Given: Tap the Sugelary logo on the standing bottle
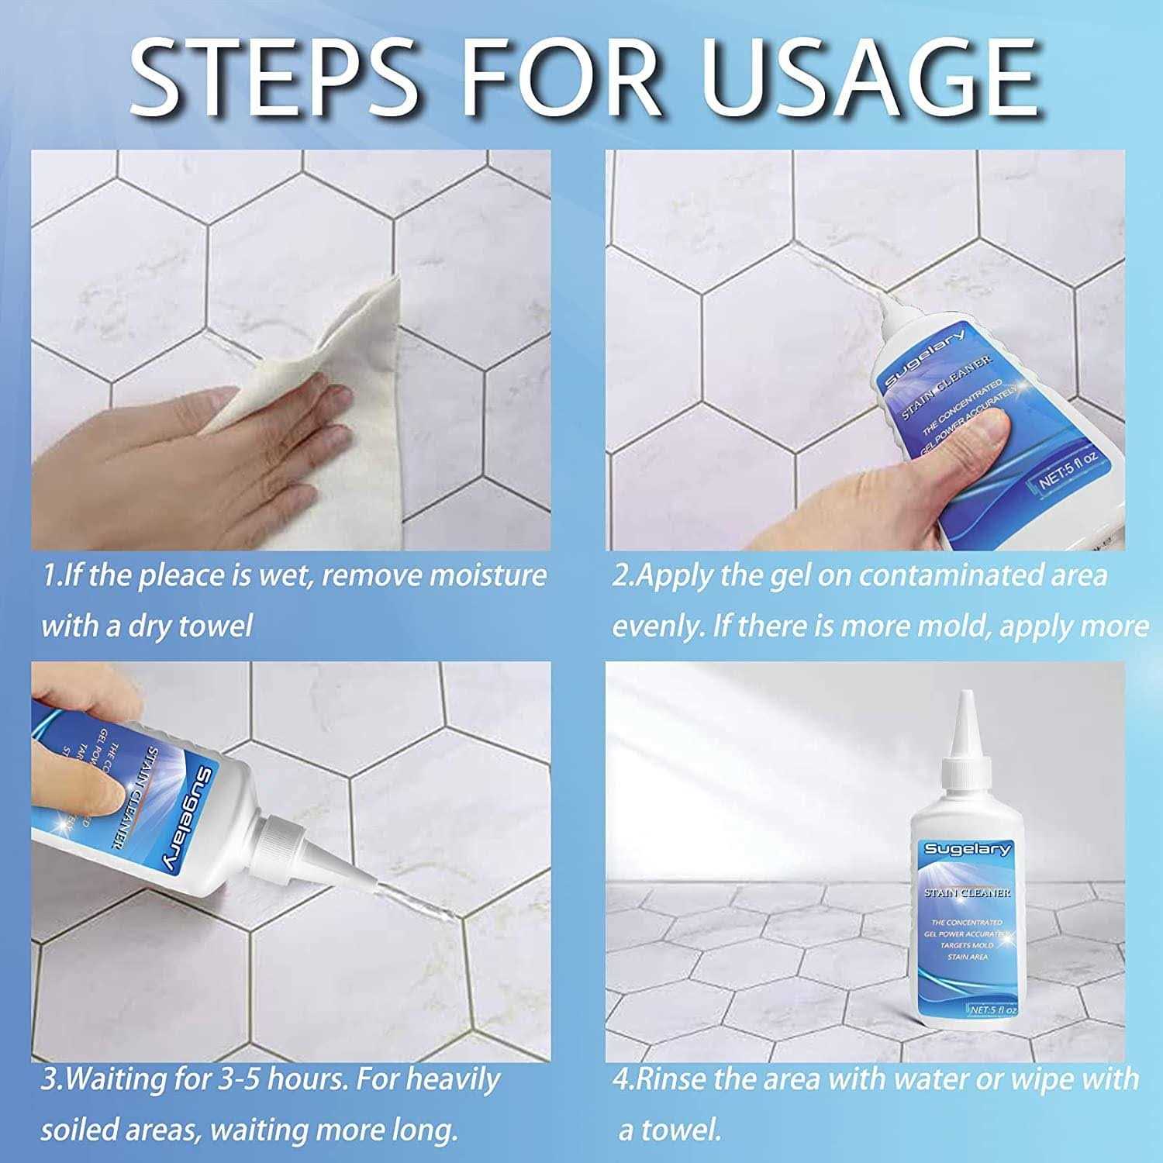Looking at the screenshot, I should click(x=967, y=850).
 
